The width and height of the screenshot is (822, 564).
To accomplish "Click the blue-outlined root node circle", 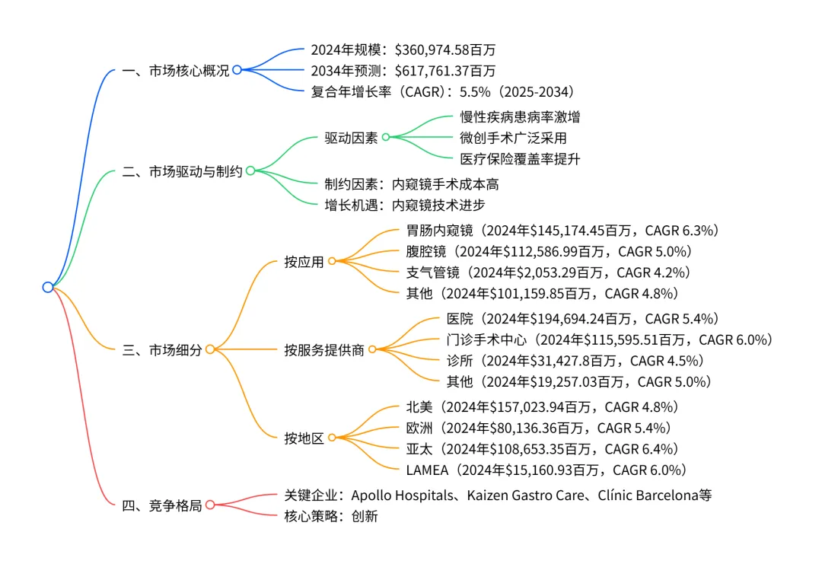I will [x=48, y=287].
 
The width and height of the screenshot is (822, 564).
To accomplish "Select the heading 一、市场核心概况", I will [x=175, y=70].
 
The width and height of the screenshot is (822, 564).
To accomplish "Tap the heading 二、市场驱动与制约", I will [x=182, y=171].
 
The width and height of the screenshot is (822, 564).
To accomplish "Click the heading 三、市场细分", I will [x=162, y=350].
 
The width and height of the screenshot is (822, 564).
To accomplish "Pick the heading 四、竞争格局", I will [x=162, y=505].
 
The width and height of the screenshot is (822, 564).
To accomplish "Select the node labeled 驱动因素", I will [x=350, y=138].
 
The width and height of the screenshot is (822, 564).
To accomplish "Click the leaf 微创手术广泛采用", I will [x=513, y=138].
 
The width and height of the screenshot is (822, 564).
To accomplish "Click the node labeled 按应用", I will [x=304, y=262].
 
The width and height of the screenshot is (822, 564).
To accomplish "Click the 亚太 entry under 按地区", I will [x=419, y=449].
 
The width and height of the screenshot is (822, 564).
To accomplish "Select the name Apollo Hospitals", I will [x=400, y=495].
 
